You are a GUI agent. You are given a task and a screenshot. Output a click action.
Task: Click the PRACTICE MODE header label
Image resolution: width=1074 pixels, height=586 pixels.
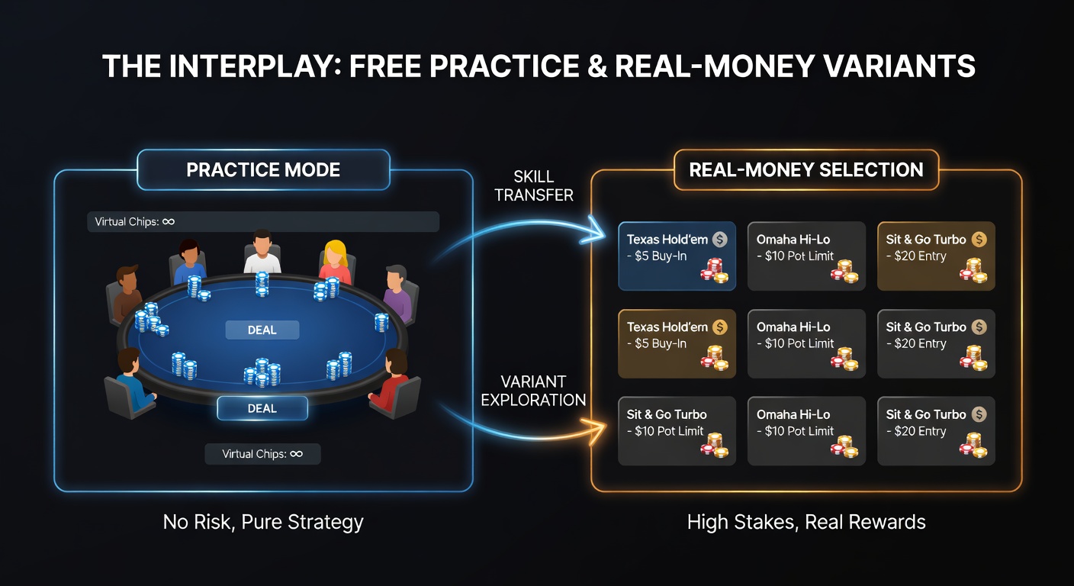[x=263, y=169]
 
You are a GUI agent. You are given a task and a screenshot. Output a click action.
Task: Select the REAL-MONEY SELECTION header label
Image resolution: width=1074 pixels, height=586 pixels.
[x=806, y=169]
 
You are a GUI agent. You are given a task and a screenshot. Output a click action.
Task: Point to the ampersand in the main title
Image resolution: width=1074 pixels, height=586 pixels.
[x=597, y=66]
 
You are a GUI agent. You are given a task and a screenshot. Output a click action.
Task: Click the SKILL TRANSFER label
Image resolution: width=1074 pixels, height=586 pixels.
[x=534, y=186]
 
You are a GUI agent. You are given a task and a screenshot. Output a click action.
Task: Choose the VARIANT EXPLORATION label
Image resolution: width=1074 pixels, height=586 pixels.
[x=533, y=391]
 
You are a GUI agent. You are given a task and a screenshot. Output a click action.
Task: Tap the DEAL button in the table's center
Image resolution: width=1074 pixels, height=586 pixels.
[x=262, y=330]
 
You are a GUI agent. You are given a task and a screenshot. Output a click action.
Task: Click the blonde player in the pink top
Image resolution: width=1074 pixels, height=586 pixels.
[x=335, y=262]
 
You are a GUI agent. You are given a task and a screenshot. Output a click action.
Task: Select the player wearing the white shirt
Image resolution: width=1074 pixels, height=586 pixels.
[x=262, y=253]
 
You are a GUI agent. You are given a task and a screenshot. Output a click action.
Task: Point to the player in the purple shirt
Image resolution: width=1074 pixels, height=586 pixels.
[x=397, y=292]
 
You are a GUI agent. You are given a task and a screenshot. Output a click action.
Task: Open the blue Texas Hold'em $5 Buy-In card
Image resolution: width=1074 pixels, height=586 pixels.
[x=677, y=256]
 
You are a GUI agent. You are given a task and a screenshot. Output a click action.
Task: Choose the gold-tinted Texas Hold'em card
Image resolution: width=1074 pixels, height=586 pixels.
[x=677, y=343]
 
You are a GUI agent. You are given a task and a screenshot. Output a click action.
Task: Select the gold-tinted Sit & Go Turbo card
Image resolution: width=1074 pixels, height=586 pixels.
[x=937, y=256]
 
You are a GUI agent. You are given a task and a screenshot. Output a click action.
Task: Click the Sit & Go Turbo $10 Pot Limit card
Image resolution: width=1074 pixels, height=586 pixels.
[x=677, y=430]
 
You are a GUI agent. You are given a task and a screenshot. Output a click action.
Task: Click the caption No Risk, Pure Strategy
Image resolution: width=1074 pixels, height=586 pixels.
[x=263, y=522]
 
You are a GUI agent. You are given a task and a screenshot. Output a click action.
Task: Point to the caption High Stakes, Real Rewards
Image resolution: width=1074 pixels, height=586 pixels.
[x=806, y=522]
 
